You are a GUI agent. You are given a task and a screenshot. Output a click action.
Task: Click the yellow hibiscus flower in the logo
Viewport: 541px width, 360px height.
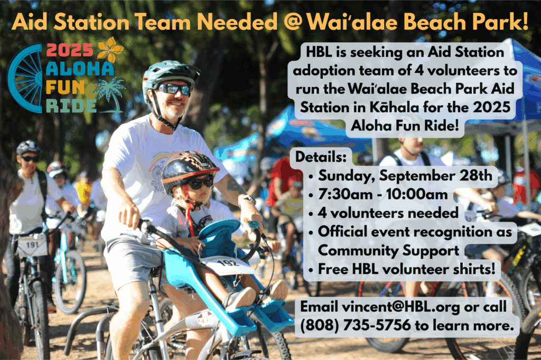point(110,50)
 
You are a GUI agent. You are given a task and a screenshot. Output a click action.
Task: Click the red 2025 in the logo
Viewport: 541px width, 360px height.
point(70,50)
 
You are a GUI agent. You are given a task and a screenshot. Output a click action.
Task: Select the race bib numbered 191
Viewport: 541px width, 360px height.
point(32,245)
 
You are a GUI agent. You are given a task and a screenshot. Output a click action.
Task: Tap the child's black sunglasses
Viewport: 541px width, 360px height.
point(200,183)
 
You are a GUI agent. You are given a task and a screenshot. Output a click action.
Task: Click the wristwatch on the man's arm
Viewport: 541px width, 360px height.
point(247,199)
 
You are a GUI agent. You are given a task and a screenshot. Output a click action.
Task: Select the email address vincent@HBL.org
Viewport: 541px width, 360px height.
point(401,307)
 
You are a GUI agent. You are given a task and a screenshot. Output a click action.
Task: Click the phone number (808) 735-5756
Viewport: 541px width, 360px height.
point(356,325)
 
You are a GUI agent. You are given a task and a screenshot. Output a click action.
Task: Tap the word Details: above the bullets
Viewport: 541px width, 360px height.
point(321,157)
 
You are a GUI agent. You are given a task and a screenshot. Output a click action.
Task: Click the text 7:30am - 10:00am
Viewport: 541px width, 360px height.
point(383,194)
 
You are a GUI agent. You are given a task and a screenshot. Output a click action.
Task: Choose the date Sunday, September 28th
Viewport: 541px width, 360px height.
point(405,176)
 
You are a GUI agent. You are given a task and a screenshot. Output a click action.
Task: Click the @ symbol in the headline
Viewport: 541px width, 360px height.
point(293,22)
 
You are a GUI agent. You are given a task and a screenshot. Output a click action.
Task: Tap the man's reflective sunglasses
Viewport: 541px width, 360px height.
point(174,89)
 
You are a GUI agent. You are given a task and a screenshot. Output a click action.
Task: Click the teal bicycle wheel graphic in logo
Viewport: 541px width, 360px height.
point(24,78)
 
